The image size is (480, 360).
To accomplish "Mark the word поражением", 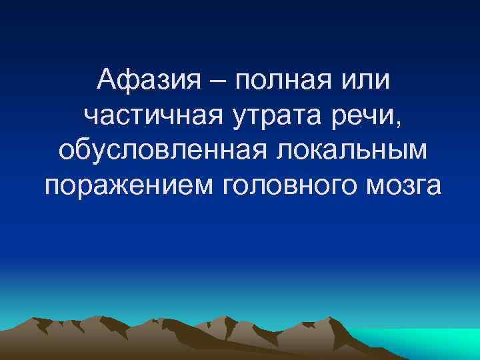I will click(x=126, y=187).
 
